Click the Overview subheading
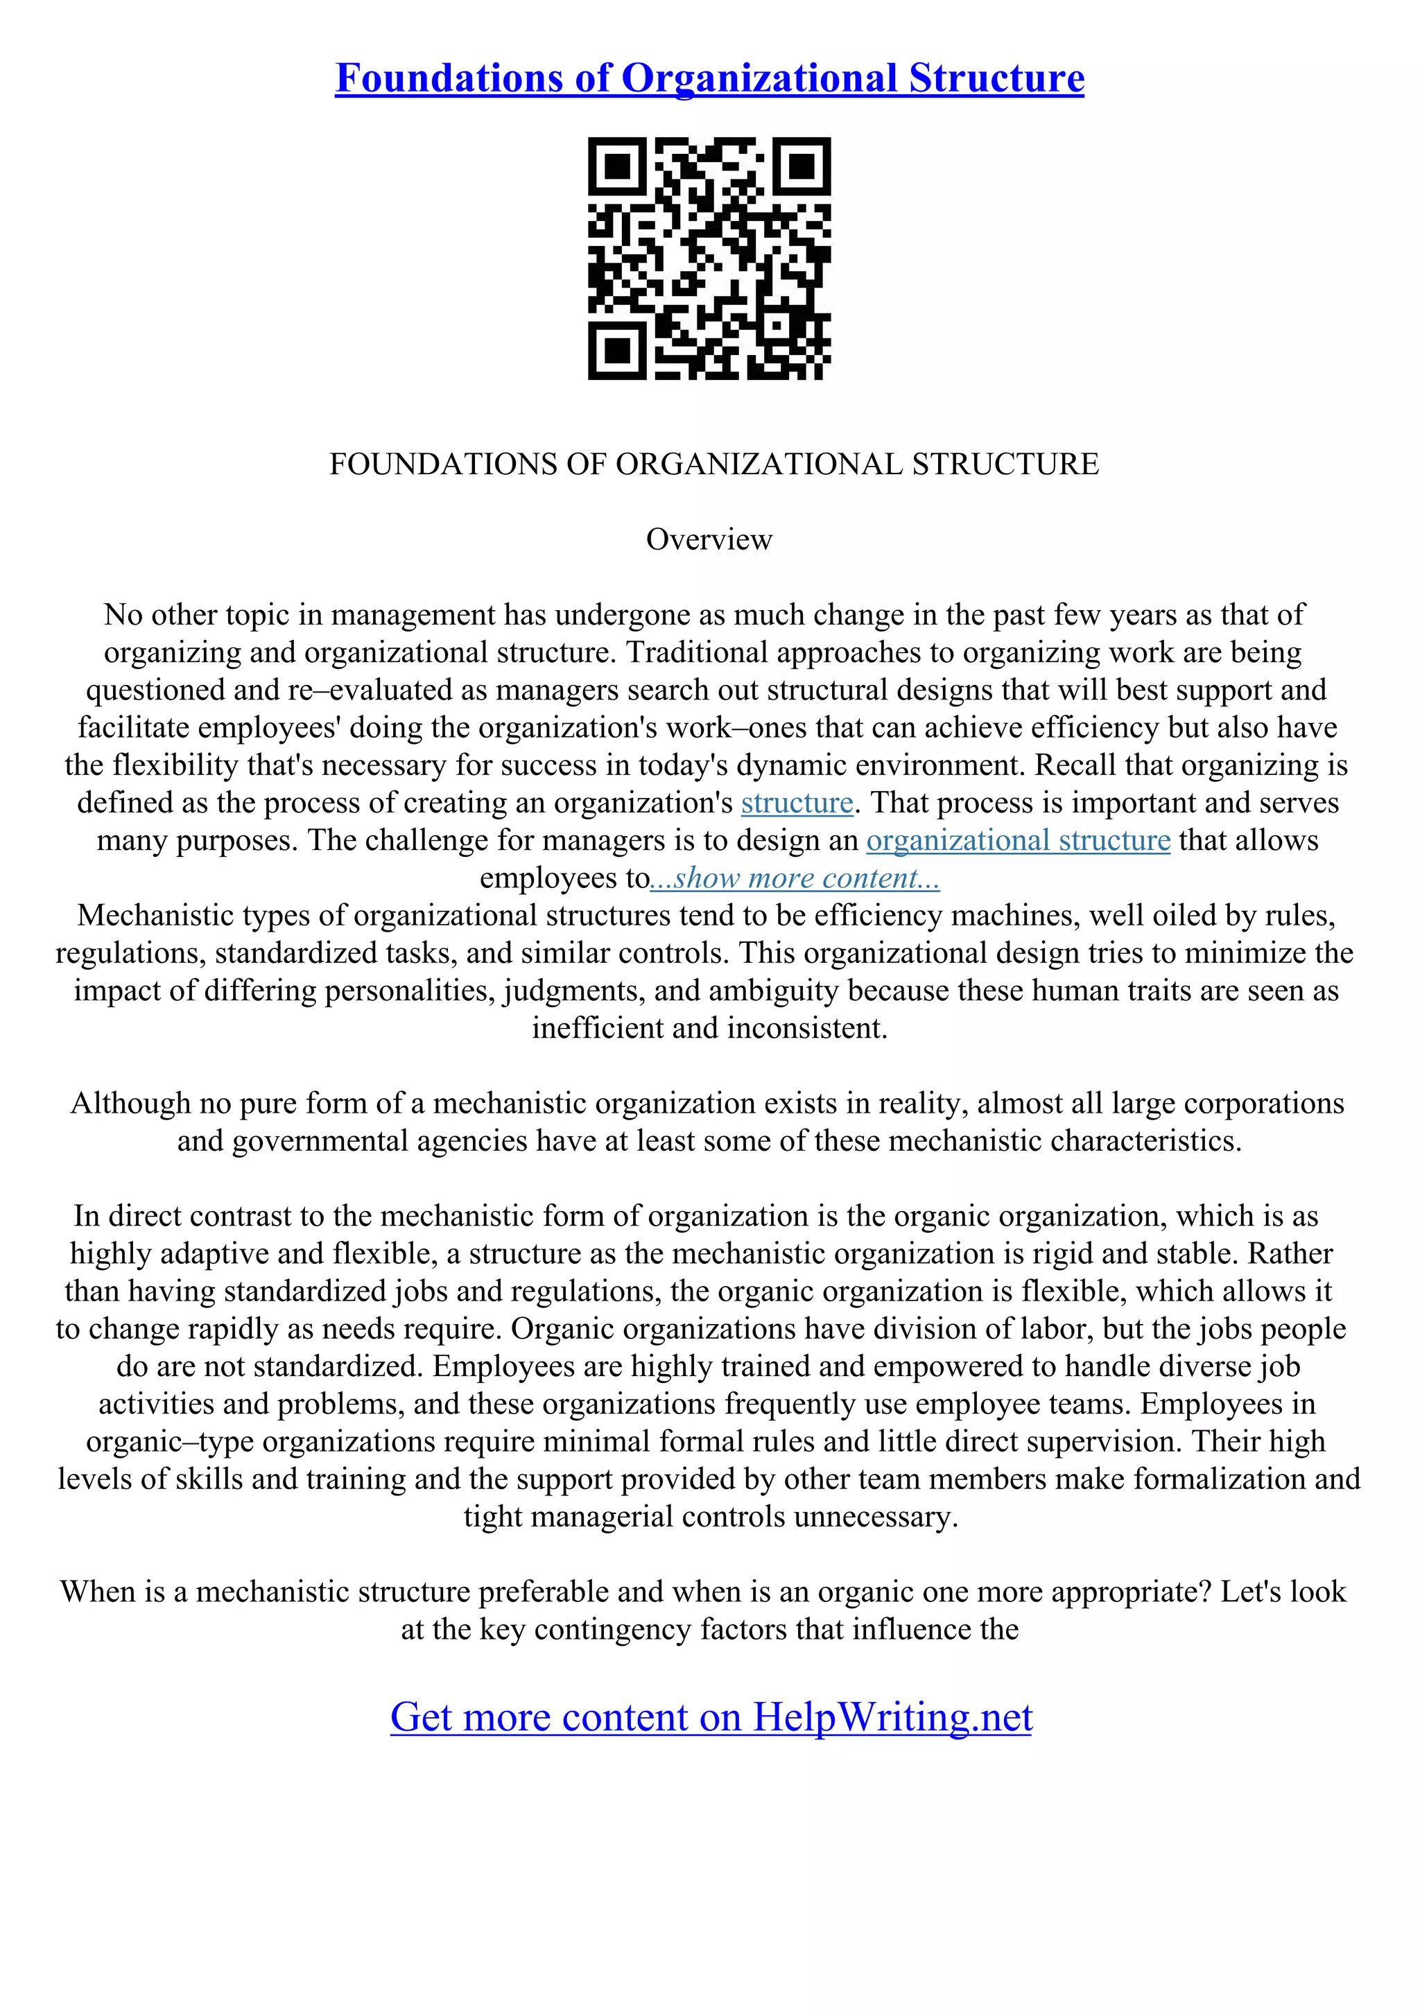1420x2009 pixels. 709,539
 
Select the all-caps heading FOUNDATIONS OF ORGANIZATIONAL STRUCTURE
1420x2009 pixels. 713,464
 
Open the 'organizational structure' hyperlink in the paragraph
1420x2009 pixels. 1018,840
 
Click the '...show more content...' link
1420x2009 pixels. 795,878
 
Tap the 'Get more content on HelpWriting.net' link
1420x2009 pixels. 711,1716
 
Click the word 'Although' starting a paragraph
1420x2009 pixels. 130,1104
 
